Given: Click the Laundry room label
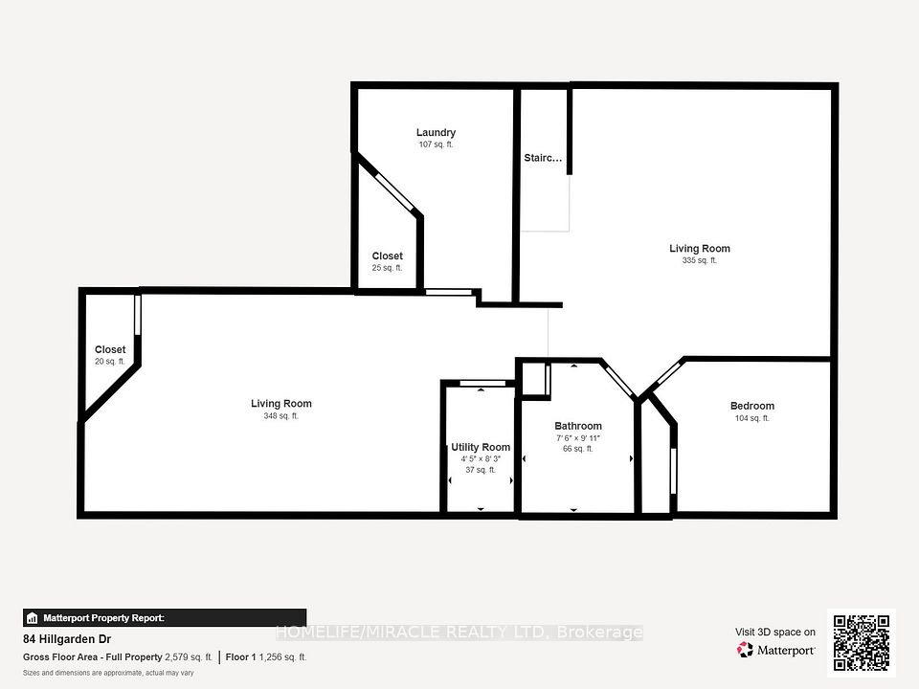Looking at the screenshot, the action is coord(436,132).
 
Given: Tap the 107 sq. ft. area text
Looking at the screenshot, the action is coord(436,144).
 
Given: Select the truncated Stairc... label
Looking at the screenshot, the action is coord(543,158).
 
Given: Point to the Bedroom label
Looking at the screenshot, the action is coord(752,406).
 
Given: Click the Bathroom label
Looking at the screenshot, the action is coord(578,426).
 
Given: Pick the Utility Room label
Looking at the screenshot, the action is coord(481,447).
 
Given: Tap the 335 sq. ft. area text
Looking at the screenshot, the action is coord(699,260).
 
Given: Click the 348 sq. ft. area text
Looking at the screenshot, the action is coord(280,416).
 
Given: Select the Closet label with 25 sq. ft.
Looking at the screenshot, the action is coord(387,256).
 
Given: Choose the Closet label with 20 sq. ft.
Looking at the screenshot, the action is coord(110,349).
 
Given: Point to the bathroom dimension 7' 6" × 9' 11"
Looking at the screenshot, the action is coord(578,438).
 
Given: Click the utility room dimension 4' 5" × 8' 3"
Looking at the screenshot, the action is coord(481,459).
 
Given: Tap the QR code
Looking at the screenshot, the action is coord(862,643).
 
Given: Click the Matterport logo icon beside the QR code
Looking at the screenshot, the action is coord(745,650).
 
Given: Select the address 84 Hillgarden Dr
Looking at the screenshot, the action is coord(67,639).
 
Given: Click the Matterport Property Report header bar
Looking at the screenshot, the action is coord(165,618).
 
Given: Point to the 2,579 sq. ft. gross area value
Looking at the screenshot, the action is coord(189,657).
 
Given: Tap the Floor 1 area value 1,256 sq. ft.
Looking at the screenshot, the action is coord(282,657).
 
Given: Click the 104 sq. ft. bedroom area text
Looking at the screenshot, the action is coord(752,418).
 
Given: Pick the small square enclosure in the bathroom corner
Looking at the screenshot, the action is coord(534,380).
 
